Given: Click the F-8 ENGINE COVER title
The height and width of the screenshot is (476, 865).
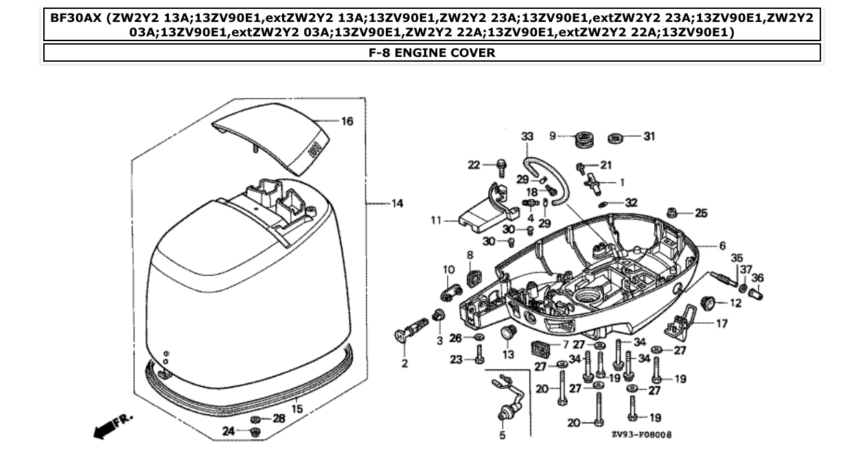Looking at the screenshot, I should (x=432, y=53).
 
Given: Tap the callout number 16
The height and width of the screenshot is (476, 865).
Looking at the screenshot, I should (x=347, y=121).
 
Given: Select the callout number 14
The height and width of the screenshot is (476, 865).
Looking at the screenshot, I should (x=397, y=204).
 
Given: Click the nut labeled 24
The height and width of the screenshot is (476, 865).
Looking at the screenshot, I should (x=255, y=431).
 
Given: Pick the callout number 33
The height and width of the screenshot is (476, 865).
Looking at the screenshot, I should (x=527, y=136).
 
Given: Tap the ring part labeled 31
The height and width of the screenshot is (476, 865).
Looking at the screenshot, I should (x=616, y=138).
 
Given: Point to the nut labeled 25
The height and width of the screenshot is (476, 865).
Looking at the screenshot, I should (x=673, y=212).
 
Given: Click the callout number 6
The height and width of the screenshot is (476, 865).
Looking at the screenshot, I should (x=722, y=246).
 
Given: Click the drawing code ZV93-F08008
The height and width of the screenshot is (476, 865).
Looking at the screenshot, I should (x=641, y=435).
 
